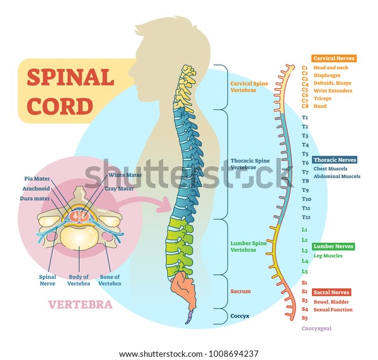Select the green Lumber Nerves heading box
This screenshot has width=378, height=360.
(333, 247)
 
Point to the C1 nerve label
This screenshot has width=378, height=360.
(304, 67)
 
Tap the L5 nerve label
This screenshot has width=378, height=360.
(304, 271)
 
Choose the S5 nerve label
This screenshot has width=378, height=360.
(304, 318)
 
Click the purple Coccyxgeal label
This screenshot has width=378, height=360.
(316, 329)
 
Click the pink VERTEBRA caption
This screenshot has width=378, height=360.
(81, 305)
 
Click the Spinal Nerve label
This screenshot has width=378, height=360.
(47, 279)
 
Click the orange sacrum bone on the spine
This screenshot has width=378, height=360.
(185, 288)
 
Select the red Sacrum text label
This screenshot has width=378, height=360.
(240, 291)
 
